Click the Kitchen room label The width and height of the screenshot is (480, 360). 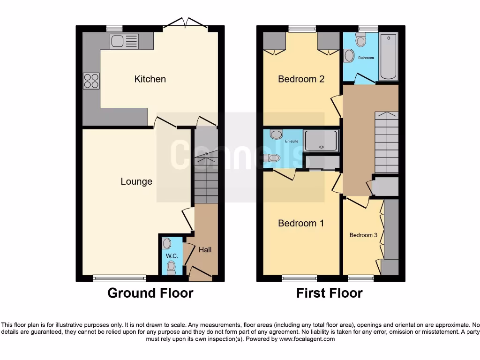tap(150, 79)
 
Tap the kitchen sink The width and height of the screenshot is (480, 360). tap(124, 42)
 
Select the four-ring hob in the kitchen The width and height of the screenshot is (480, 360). tap(91, 81)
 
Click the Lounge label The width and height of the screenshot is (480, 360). tap(136, 181)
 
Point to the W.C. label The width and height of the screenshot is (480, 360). tap(172, 256)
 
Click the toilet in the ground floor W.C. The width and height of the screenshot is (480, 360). tap(171, 268)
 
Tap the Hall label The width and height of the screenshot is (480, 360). tap(205, 250)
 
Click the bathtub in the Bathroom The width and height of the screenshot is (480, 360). tap(388, 57)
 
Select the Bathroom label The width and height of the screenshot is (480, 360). tap(366, 58)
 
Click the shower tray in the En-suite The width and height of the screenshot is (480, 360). tap(321, 141)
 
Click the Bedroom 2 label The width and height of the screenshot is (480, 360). tap(301, 79)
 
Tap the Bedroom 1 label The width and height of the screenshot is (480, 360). tap(301, 223)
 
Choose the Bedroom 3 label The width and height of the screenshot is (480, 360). tap(363, 235)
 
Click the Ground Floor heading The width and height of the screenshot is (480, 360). tap(150, 293)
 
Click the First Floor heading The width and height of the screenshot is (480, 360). tap(330, 293)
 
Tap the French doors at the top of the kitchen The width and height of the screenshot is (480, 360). tap(186, 24)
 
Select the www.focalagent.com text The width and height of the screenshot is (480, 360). tap(307, 339)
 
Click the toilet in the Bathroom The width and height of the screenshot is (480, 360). tap(360, 41)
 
